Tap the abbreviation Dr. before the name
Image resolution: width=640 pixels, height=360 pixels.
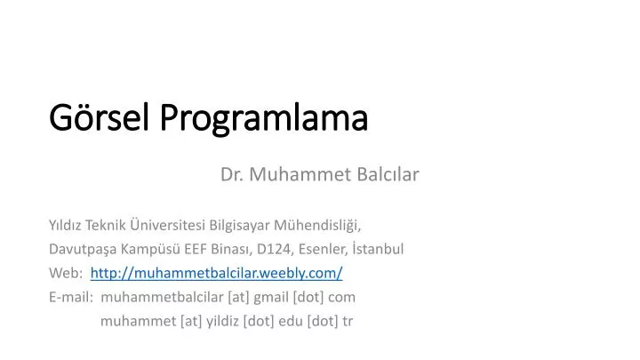(x=232, y=175)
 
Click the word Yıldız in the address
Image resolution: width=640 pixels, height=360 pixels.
(x=66, y=225)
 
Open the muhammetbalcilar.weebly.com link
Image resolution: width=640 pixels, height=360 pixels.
(x=216, y=273)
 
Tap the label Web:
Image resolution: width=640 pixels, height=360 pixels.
(x=66, y=273)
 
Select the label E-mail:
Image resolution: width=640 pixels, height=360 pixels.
(x=72, y=297)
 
